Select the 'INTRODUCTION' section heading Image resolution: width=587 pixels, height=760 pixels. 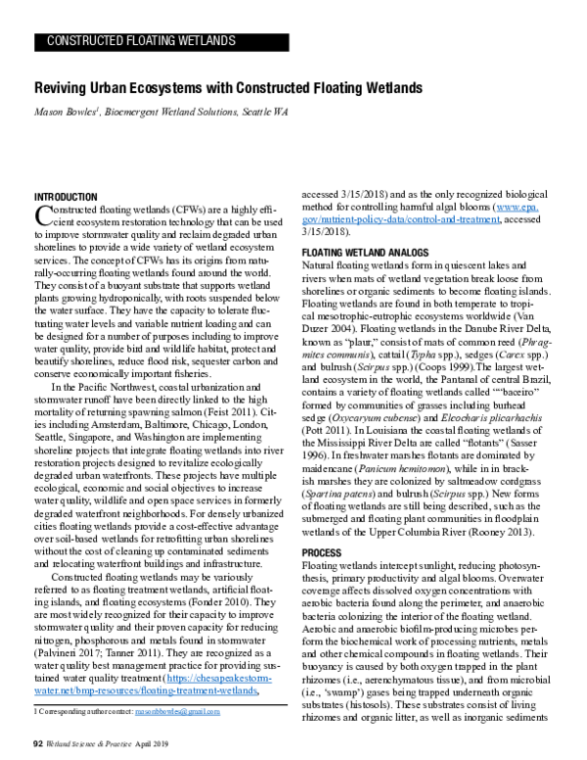pyautogui.click(x=66, y=197)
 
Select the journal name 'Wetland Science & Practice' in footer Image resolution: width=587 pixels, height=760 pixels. pyautogui.click(x=91, y=744)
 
